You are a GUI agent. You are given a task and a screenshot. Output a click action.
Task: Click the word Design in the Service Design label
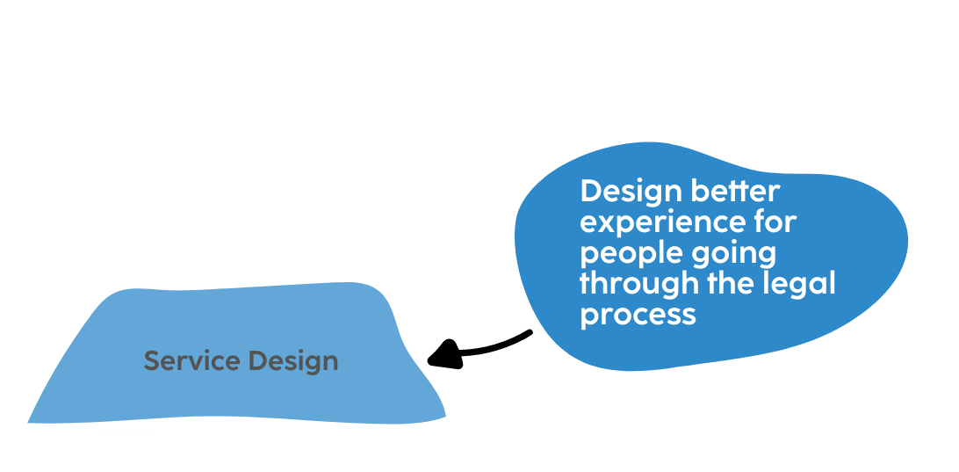tap(292, 361)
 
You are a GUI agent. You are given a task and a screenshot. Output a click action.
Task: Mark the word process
tap(638, 315)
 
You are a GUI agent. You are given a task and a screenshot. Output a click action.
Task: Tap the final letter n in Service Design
tap(330, 362)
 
